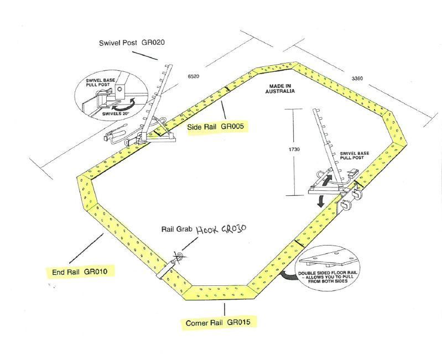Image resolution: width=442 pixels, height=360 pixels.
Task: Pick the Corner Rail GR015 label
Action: pos(221,322)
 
